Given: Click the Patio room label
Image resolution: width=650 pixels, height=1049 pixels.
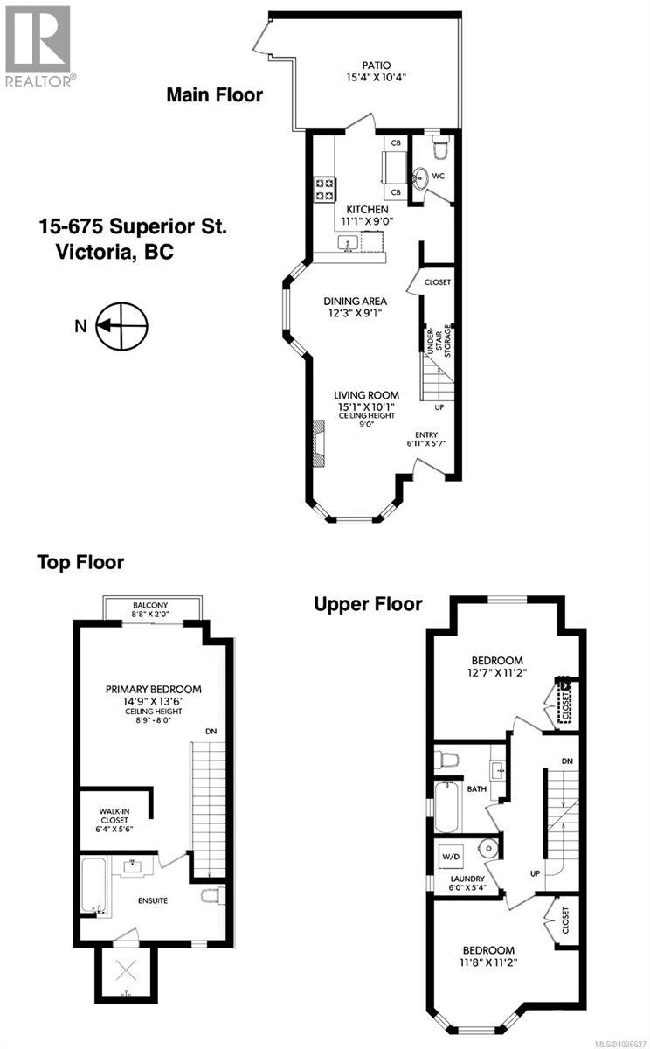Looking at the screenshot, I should click(x=377, y=65).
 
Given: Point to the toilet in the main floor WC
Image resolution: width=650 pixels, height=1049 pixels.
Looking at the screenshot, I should click(x=439, y=149).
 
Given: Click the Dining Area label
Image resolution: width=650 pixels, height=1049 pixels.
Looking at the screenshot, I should click(x=355, y=302).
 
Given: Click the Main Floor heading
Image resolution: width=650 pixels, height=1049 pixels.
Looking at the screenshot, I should click(x=214, y=94).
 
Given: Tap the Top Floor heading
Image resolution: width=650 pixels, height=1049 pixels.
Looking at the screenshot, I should click(x=80, y=562).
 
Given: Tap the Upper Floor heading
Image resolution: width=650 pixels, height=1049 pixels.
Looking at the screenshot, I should click(x=369, y=603).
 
